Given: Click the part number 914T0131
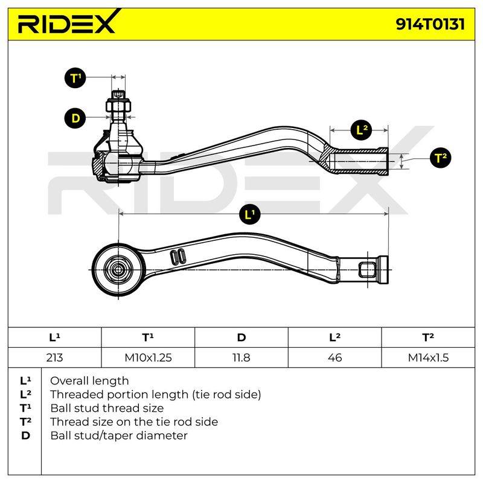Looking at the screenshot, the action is point(430,24).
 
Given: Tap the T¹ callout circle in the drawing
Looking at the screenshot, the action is point(75,78).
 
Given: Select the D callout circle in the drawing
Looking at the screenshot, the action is point(75,118).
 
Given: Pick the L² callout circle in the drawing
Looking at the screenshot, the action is point(362,130).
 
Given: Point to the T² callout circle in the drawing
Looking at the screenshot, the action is point(441,158).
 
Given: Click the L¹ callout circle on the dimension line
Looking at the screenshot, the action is point(250,214).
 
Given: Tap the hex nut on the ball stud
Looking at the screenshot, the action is point(118,105).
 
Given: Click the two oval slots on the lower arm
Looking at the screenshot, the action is point(178,256).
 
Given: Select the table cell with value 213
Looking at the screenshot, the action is point(54,357).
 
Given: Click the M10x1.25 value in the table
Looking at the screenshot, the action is point(148,357).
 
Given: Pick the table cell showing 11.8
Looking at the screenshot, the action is point(241,357).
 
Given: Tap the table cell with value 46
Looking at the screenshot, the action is point(335,357).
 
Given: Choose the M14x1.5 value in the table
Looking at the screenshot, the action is point(428,357).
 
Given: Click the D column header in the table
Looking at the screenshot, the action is point(241,337).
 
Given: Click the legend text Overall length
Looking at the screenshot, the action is point(89,381).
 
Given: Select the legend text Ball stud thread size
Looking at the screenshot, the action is point(107,408).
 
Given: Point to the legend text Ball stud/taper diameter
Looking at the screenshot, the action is point(119,435).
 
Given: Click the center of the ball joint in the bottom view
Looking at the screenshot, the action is point(118,270).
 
